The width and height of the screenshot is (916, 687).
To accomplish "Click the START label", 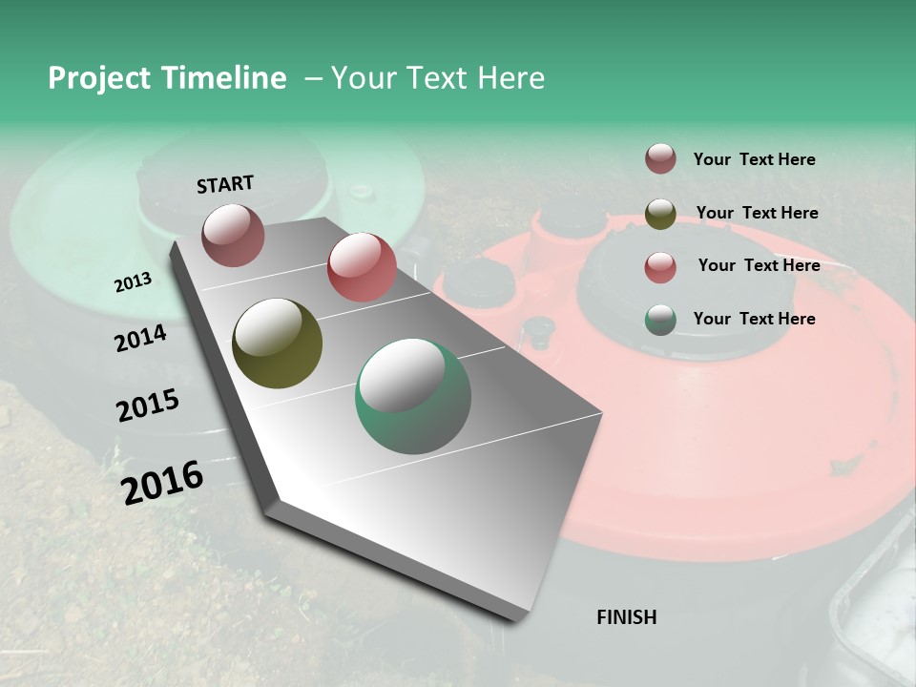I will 225,183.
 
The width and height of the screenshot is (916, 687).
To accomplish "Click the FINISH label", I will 626,617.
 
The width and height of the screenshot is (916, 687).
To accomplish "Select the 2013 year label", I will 133,282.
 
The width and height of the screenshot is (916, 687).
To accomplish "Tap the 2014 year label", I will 140,338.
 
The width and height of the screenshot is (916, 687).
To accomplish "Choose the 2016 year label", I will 162,483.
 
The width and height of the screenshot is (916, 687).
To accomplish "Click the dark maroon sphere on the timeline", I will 233,235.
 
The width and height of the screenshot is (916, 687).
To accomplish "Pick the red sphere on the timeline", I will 362,267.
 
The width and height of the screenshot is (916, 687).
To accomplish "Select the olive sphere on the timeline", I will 277,343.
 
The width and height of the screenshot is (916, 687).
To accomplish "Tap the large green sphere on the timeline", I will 413,396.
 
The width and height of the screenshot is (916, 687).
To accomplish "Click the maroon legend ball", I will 660,158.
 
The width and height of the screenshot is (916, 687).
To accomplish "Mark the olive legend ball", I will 660,213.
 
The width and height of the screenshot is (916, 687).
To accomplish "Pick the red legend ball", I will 660,267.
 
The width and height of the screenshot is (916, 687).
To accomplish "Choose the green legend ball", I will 660,320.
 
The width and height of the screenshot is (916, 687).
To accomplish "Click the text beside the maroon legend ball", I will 754,159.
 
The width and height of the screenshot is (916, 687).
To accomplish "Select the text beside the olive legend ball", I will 757,213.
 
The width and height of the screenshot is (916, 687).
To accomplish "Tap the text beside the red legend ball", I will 759,265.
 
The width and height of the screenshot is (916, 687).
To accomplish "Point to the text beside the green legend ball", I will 754,319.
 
